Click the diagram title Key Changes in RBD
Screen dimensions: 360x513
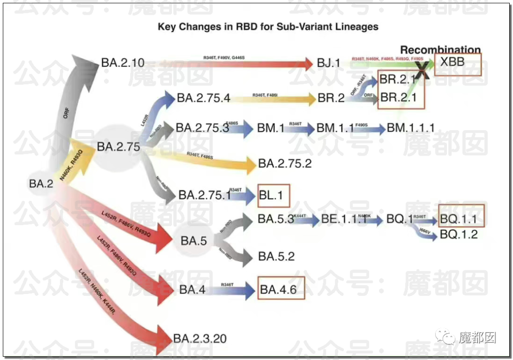pos(268,27)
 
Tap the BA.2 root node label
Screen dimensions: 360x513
pos(41,184)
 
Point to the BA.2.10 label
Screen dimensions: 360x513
pos(123,63)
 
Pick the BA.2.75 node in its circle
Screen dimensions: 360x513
pos(118,147)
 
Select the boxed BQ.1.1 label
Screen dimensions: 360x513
pos(458,219)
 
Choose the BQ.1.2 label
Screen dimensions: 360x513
pos(458,234)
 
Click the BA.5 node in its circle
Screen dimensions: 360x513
pos(193,241)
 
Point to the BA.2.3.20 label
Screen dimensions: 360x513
pos(199,339)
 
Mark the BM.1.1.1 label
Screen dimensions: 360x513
pos(410,128)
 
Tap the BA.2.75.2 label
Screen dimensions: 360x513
pos(285,164)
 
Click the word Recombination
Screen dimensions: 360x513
pos(440,50)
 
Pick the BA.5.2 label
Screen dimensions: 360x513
pos(276,257)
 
